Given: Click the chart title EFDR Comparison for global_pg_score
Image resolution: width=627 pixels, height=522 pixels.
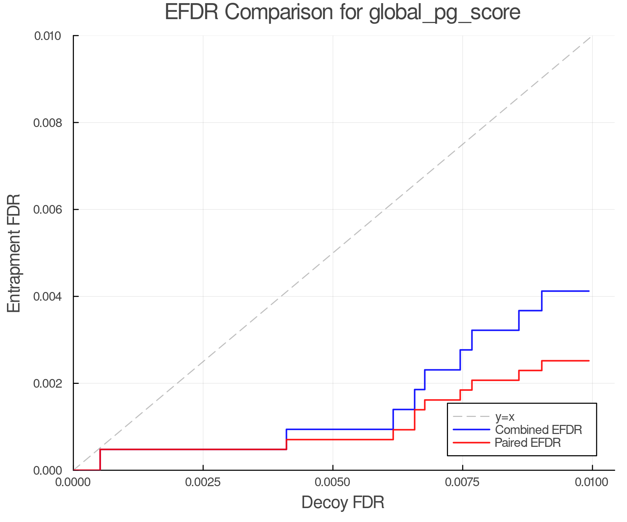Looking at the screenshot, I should [342, 12].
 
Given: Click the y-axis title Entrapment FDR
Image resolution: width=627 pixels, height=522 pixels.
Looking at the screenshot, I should [14, 253].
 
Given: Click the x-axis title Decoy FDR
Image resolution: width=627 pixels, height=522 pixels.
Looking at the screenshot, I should [342, 503].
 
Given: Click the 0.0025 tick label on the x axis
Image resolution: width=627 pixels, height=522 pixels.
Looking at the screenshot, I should [203, 482].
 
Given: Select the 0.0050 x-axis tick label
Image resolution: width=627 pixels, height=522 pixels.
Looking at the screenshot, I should [333, 482].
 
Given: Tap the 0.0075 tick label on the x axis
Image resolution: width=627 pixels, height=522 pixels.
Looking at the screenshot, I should [462, 482].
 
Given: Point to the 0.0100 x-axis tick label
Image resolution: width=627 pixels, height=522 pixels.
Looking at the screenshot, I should [592, 482].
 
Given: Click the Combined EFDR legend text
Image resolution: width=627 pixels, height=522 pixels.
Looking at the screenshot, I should [539, 430].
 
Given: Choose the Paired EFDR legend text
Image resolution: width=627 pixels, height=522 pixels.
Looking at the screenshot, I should [528, 443].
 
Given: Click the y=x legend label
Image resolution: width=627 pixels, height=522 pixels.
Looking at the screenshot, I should [505, 417].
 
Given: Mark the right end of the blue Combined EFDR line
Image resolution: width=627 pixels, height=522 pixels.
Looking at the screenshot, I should [589, 291].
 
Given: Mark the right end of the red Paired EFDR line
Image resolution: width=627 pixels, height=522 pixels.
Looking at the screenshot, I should [589, 361].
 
